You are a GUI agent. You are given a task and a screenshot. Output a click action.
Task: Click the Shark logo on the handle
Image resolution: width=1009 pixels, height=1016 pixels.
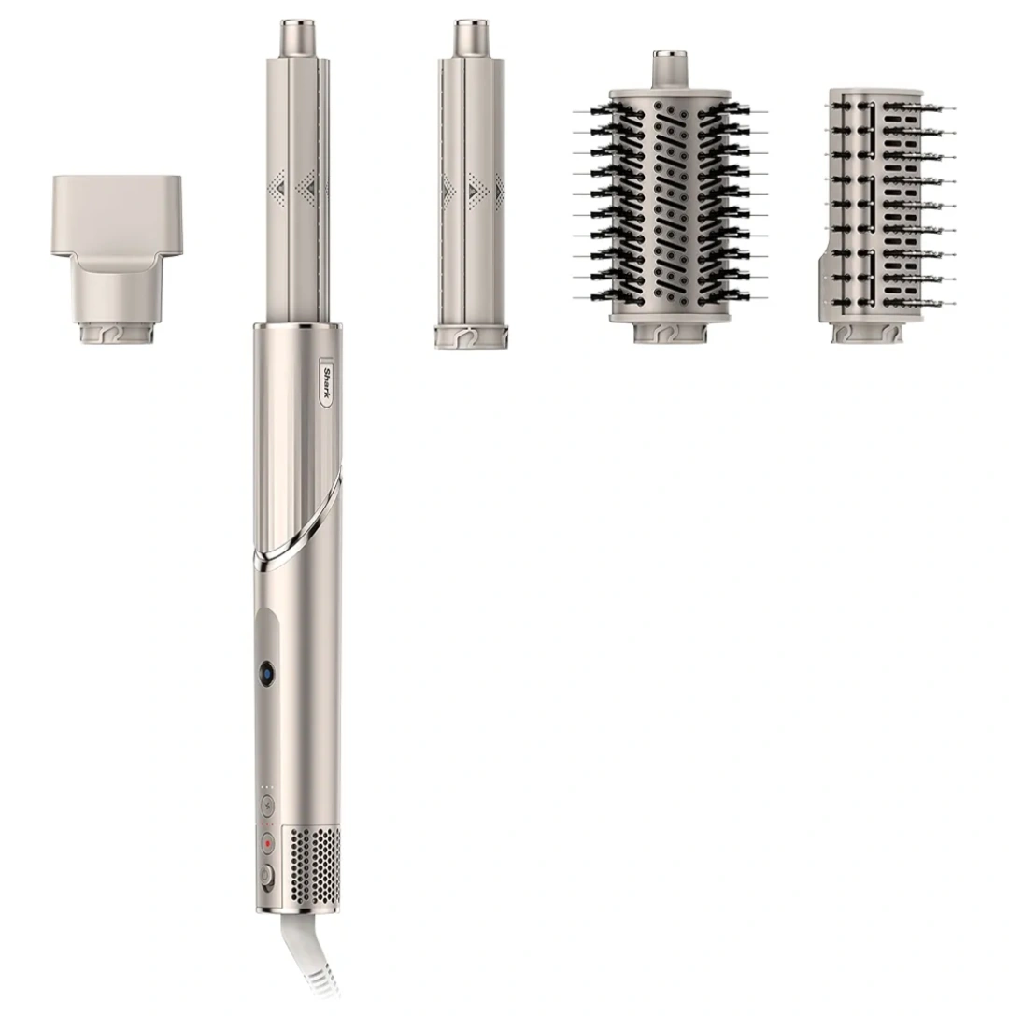(327, 382)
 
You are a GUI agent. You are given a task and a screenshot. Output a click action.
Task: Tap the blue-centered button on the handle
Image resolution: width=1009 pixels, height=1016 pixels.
(266, 675)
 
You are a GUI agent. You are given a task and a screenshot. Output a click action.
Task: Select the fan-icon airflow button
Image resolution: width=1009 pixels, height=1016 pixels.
(267, 806)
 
